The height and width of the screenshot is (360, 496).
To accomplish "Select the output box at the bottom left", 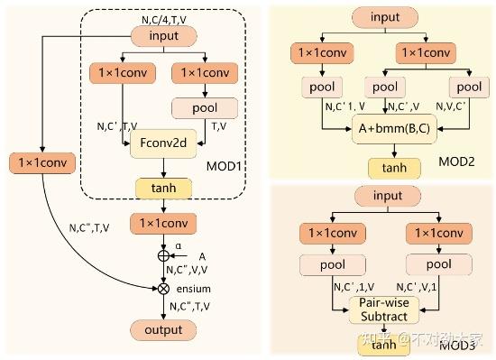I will [163, 329].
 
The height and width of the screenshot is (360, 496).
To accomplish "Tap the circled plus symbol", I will [163, 254].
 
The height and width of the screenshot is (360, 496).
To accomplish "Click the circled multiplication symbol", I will [163, 289].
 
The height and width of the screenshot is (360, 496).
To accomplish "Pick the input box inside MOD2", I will [384, 16].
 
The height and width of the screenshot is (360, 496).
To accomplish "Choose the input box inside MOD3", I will [384, 196].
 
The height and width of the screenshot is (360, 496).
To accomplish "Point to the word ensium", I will [194, 290].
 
